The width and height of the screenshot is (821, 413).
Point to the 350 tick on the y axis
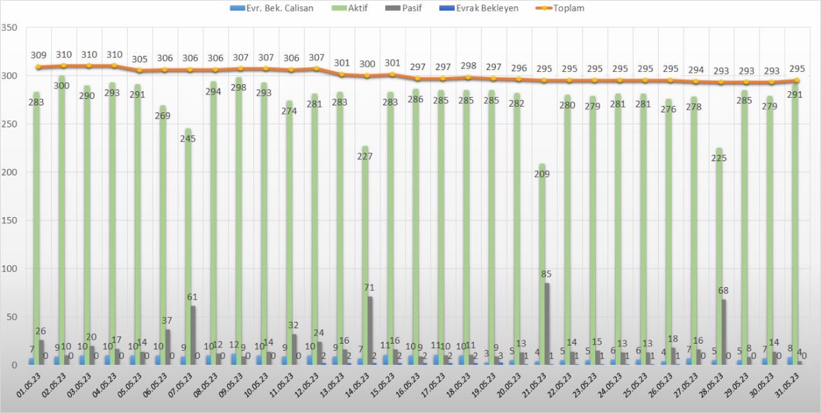pos(10,28)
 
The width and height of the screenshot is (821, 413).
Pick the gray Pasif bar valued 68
pos(724,331)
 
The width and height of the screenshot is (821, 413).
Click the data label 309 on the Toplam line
pos(39,55)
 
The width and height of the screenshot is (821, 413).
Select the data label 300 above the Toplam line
pos(367,64)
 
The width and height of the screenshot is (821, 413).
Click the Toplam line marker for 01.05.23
pos(39,67)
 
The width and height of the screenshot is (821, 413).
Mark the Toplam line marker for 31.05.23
pos(796,81)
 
